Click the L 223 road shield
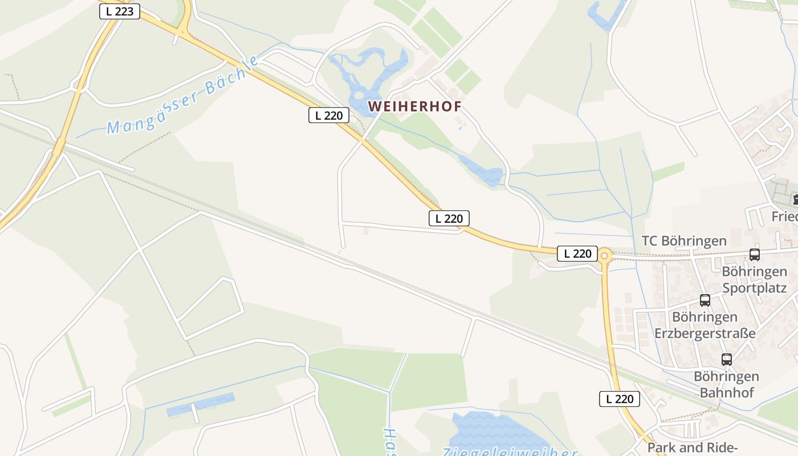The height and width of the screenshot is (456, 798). point(120,11)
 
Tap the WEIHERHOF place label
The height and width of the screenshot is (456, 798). point(414,107)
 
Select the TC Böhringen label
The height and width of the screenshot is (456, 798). point(684,241)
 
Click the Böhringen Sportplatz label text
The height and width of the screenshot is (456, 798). point(754,279)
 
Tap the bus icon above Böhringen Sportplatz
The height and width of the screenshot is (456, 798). point(755,255)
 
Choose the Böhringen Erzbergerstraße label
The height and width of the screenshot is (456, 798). point(705,325)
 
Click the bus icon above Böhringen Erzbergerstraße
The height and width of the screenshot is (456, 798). point(705,300)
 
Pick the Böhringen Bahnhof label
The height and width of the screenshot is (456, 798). point(726,384)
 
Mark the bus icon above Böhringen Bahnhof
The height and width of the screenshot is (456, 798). point(726,360)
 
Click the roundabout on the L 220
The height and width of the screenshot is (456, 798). point(605,256)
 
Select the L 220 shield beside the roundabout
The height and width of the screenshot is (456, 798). point(577,254)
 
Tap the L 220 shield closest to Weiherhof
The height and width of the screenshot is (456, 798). point(329,115)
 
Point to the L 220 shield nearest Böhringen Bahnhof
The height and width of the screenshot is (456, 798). point(620,399)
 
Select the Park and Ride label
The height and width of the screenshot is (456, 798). point(693,447)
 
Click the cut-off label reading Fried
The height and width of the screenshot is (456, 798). point(784,217)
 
